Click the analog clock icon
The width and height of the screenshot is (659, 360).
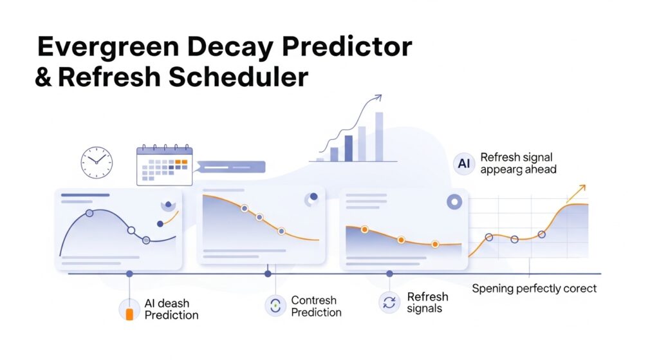click(97, 163)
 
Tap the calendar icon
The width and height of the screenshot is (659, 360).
click(164, 166)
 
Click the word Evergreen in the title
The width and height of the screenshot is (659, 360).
click(108, 48)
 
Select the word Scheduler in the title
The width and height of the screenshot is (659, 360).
click(239, 77)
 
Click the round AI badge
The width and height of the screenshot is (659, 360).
click(464, 163)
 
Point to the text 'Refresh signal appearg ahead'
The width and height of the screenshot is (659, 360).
click(518, 163)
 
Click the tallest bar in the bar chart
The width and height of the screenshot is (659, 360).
click(379, 137)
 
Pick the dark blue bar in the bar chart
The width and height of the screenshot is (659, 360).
click(348, 149)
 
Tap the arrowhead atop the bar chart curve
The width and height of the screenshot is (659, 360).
click(378, 98)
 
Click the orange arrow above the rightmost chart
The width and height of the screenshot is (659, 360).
click(576, 194)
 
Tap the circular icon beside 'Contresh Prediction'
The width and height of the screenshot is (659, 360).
click(275, 305)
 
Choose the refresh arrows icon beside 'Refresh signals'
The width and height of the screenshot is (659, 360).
click(389, 303)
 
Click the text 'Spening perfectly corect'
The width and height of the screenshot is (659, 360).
click(534, 289)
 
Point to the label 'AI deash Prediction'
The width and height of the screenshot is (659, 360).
click(171, 309)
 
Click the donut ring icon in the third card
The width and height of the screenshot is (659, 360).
click(454, 202)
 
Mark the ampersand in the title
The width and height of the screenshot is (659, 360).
click(43, 77)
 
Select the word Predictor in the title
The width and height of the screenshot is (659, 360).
click(347, 46)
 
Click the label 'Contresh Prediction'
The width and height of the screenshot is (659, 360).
click(316, 306)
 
